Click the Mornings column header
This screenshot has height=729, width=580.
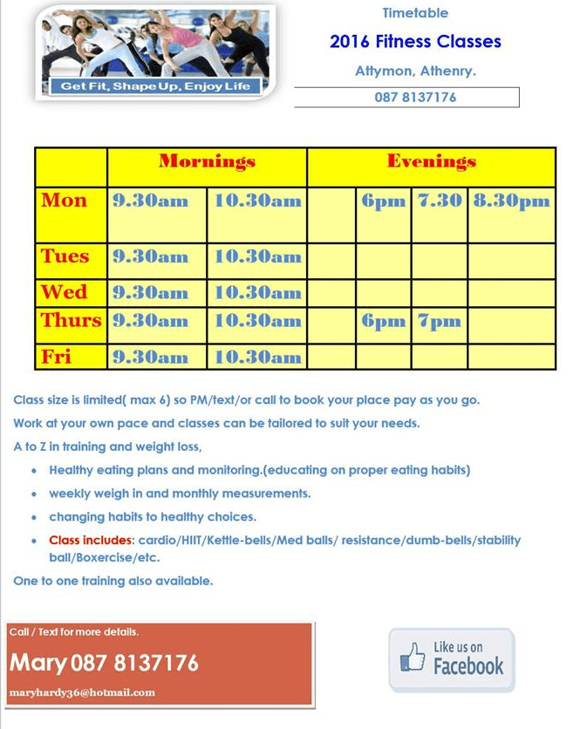click(x=207, y=162)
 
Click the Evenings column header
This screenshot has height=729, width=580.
click(x=431, y=162)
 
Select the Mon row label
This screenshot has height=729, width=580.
click(x=65, y=201)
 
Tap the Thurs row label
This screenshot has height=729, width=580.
click(x=71, y=320)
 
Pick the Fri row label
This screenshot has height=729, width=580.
click(x=57, y=356)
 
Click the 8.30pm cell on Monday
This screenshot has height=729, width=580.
click(x=511, y=201)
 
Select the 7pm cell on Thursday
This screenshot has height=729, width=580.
click(x=439, y=321)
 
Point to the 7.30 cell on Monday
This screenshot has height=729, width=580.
click(x=440, y=201)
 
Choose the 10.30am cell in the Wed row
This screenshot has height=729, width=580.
click(x=257, y=292)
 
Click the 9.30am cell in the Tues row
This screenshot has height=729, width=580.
click(x=150, y=256)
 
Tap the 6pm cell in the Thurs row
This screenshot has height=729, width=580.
click(x=384, y=321)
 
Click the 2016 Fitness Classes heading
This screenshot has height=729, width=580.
click(x=415, y=41)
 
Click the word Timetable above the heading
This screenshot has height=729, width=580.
click(x=415, y=13)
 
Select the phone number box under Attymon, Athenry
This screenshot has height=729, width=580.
click(x=406, y=97)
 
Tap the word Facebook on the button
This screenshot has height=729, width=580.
click(x=468, y=667)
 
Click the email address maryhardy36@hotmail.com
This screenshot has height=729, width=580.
click(x=82, y=692)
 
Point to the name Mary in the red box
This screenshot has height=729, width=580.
click(x=38, y=664)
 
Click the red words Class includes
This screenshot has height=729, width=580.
click(x=90, y=541)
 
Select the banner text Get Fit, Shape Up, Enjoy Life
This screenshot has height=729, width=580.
click(x=155, y=86)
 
